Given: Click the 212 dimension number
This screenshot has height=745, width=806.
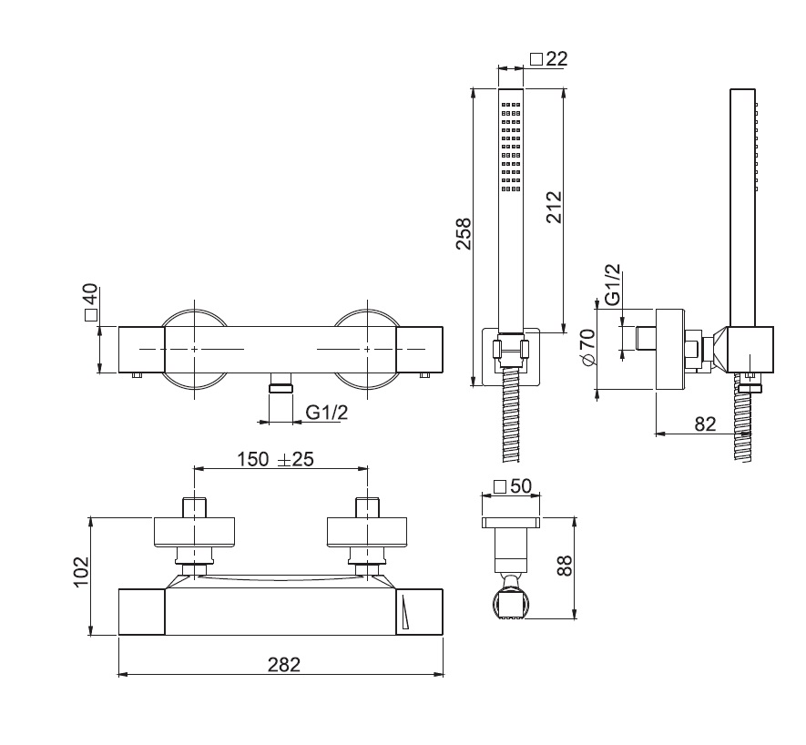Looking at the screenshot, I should coord(549,208).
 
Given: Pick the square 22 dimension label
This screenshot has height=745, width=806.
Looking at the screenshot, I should coord(548,58).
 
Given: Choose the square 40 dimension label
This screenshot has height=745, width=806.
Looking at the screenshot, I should coord(91,303).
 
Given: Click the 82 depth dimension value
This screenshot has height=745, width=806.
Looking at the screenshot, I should coord(705,424).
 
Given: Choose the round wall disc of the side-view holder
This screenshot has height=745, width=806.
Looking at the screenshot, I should coord(669,350).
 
